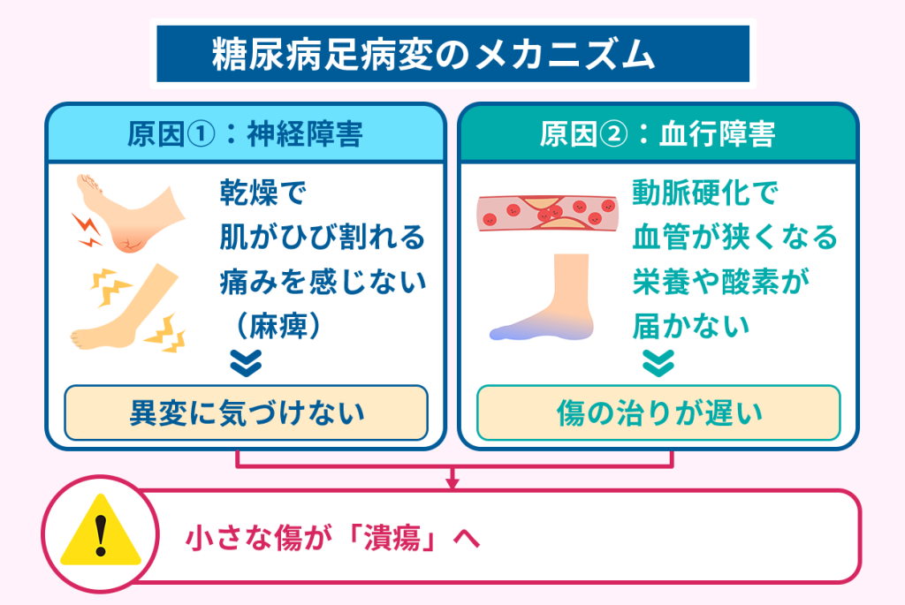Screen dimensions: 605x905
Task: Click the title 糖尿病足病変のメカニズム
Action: [452, 56]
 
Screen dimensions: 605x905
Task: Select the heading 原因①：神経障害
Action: [245, 135]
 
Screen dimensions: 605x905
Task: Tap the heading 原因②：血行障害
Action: [658, 135]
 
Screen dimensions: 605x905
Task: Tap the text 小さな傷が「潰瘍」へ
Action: [332, 538]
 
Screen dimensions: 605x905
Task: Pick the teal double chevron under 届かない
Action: [659, 361]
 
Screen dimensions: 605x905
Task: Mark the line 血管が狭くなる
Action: [734, 237]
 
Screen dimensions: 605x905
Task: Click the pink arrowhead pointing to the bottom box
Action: [452, 481]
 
